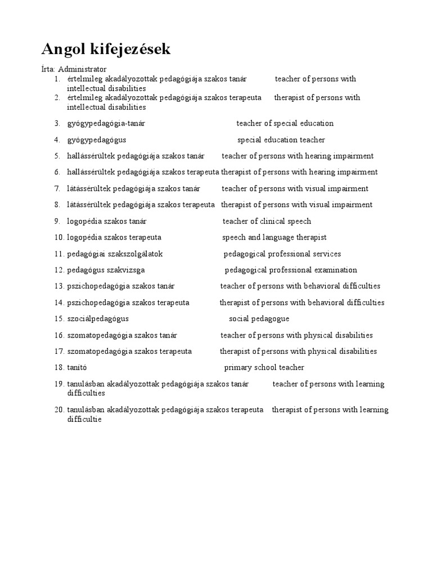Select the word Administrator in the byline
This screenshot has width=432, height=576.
coord(82,69)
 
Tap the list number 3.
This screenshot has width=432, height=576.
coord(57,123)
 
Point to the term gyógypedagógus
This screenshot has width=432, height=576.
coord(96,139)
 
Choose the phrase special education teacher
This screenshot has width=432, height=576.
coord(281,139)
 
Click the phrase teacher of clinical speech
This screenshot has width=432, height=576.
coord(267,221)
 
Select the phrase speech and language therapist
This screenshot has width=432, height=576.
coord(274,237)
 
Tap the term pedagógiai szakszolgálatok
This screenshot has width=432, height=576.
coord(115,254)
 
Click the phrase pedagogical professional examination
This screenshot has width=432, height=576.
coord(291,270)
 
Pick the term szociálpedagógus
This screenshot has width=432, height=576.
coord(98,319)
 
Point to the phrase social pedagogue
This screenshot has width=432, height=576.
coord(259,319)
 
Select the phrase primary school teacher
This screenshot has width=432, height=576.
coord(264,367)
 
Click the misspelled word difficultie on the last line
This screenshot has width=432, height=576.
coord(84,419)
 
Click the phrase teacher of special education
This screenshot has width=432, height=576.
coord(285,123)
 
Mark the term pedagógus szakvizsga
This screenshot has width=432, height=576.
coord(106,270)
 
